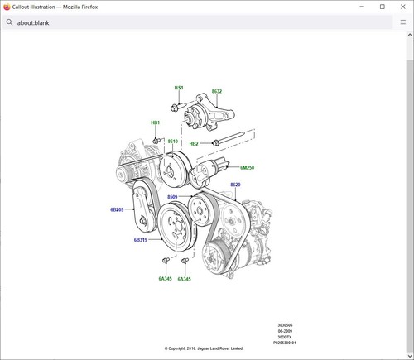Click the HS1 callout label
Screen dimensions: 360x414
178,88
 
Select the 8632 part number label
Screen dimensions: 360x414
217,91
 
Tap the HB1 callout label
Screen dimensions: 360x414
155,122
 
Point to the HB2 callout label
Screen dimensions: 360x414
194,143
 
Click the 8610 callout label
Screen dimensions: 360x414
173,142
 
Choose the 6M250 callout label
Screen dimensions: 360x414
247,167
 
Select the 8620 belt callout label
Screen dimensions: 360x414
235,185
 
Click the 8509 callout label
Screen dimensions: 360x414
172,197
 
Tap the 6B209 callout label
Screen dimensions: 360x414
116,210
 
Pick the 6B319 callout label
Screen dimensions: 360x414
140,240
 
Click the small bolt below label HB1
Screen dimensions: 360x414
156,137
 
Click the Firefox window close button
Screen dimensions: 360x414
402,7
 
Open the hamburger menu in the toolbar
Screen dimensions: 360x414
402,22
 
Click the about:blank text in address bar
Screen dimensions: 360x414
33,23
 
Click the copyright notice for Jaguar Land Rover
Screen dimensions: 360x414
203,348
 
